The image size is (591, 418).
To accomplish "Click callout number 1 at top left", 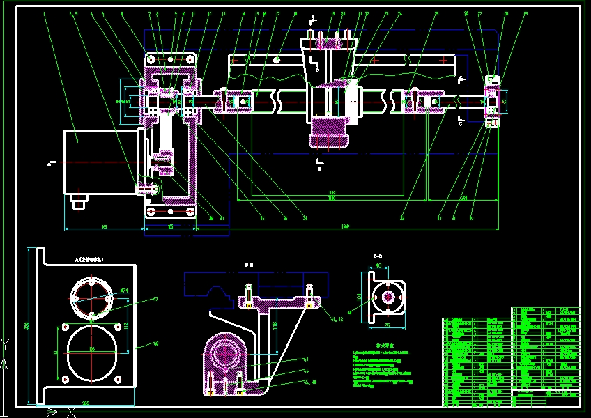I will point(44,13).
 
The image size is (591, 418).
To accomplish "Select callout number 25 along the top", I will point(436,13).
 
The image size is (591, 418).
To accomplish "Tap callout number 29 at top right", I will point(525,13).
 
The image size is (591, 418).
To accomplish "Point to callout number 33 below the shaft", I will point(402,219).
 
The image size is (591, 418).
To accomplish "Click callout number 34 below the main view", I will point(304,218).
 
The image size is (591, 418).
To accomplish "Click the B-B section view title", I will point(249,264).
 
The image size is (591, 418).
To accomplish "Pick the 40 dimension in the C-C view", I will point(378,265).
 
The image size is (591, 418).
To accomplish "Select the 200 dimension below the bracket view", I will point(85,403).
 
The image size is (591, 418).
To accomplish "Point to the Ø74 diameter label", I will point(125,291).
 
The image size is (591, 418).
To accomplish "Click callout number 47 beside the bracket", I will point(155,300).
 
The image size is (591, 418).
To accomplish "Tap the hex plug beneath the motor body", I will point(79,202).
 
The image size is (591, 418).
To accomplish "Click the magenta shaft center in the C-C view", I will point(386,296).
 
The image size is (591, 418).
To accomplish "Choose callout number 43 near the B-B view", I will point(305,359).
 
